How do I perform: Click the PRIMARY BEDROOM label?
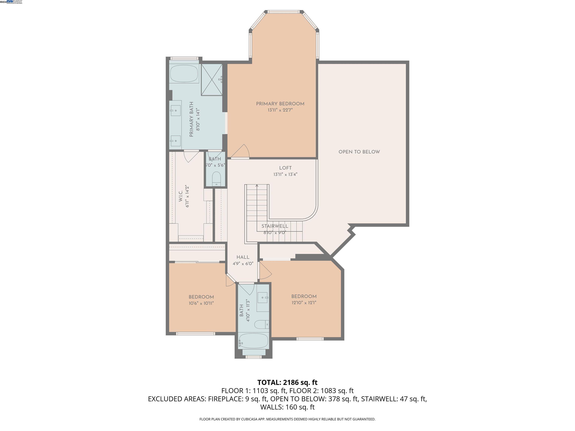(x=280, y=104)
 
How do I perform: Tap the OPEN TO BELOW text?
(x=359, y=152)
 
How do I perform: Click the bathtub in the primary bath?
(x=184, y=74)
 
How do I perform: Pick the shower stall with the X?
(x=212, y=80)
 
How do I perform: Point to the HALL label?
(x=243, y=257)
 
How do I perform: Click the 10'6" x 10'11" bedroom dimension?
(x=201, y=303)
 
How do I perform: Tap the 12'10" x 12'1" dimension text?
(x=304, y=303)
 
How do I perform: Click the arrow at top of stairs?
(x=257, y=186)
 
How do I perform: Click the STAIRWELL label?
(x=275, y=226)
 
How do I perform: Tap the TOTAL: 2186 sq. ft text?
(x=287, y=382)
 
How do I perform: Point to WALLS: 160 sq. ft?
(x=287, y=407)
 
